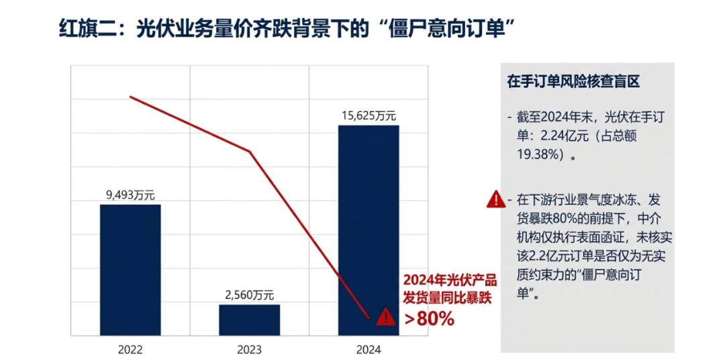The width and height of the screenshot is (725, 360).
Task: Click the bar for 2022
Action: click(130, 269)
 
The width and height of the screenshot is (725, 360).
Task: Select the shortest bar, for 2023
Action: click(249, 320)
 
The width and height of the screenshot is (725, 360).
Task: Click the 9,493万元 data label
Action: click(130, 195)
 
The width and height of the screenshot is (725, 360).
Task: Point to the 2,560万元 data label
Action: click(249, 295)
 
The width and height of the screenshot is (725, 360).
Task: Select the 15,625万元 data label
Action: click(369, 116)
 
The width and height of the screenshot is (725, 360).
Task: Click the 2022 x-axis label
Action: click(130, 349)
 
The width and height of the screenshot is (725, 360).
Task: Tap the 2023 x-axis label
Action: click(249, 349)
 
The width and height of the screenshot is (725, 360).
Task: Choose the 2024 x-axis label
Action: click(369, 349)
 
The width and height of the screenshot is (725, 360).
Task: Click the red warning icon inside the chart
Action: click(386, 316)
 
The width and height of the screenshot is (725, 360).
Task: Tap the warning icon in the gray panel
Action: click(495, 199)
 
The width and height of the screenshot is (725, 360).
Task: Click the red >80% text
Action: click(429, 319)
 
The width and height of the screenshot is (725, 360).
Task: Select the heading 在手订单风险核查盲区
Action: click(574, 82)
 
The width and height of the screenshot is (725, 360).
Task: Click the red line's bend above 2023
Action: click(250, 151)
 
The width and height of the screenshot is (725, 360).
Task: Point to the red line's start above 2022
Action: click(130, 97)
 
